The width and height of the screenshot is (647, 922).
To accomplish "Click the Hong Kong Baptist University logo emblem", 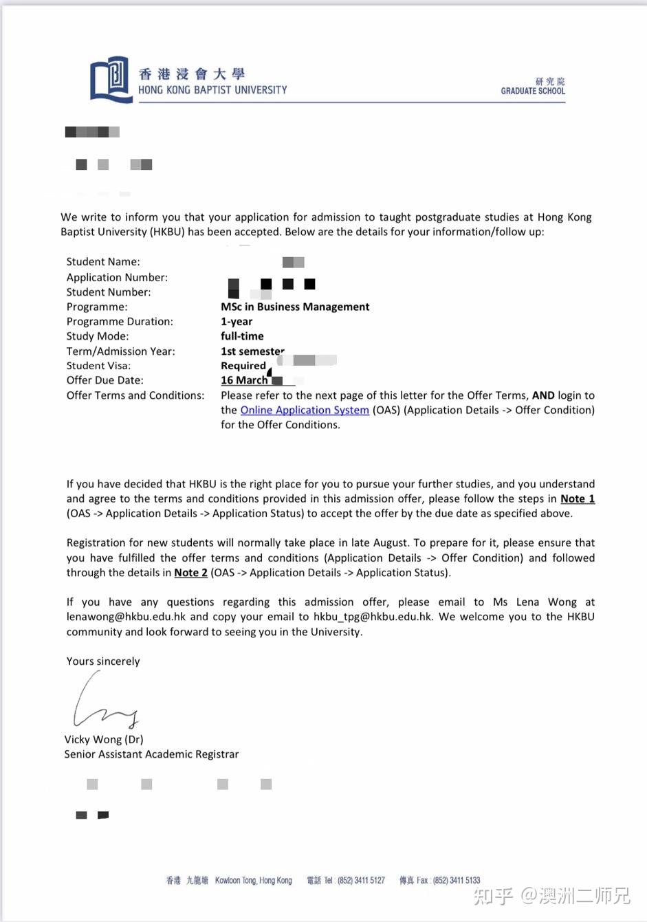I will point(110,79).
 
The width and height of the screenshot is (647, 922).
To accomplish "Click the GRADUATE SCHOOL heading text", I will point(533,91).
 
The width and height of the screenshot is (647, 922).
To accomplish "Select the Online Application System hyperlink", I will point(305,410).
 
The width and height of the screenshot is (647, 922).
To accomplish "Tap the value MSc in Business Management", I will point(295,307).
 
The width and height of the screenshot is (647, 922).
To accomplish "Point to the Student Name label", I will point(103,261).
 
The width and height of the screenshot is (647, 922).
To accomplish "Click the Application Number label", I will point(117,277).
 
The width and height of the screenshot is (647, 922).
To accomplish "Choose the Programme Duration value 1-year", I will point(237,321).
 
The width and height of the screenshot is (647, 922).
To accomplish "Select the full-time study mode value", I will point(242,336).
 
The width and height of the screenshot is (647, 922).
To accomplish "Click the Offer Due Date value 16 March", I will point(244,380).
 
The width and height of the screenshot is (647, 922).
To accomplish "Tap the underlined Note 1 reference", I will point(578,498).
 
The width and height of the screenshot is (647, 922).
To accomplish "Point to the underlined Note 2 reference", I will point(190,573).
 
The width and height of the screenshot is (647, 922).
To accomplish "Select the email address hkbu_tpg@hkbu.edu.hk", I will point(373,617).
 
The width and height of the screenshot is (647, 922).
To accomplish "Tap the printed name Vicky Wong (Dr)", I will point(104,739).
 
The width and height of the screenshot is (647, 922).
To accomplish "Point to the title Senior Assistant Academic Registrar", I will point(151,754).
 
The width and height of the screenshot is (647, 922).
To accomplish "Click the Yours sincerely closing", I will point(103,661).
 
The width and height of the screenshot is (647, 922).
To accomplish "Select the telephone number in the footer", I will point(361,880).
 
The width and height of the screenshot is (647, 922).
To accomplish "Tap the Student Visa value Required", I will point(243,366).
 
